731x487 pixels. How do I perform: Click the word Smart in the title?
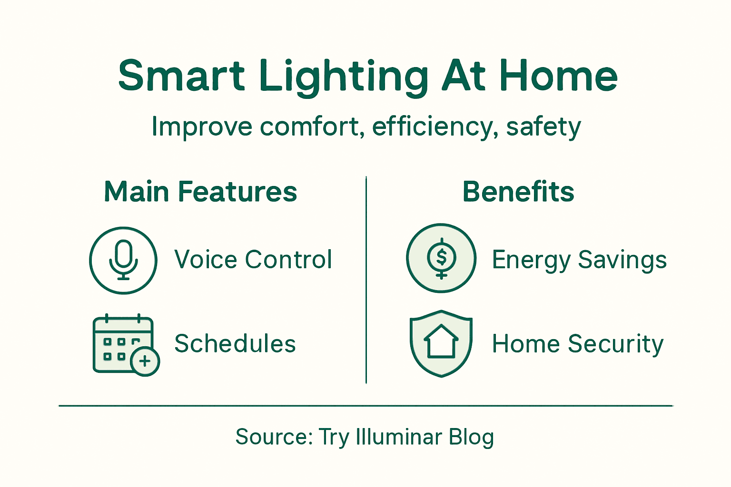tap(181, 76)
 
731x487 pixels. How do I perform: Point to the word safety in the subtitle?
tap(543, 127)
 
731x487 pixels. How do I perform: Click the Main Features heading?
tap(200, 192)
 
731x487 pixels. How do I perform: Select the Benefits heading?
tap(518, 192)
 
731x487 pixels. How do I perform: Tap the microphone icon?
tap(123, 260)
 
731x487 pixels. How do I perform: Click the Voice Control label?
tap(253, 260)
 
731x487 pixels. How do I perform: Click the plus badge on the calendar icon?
tap(145, 361)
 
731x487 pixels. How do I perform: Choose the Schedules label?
tap(235, 344)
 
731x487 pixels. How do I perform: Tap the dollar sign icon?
tap(441, 258)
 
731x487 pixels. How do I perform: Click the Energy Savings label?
tap(579, 260)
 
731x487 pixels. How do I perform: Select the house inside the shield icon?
tap(441, 341)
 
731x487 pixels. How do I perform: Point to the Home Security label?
tap(578, 344)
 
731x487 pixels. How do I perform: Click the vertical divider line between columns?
tap(366, 281)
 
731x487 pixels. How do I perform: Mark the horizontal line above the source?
tap(365, 406)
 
